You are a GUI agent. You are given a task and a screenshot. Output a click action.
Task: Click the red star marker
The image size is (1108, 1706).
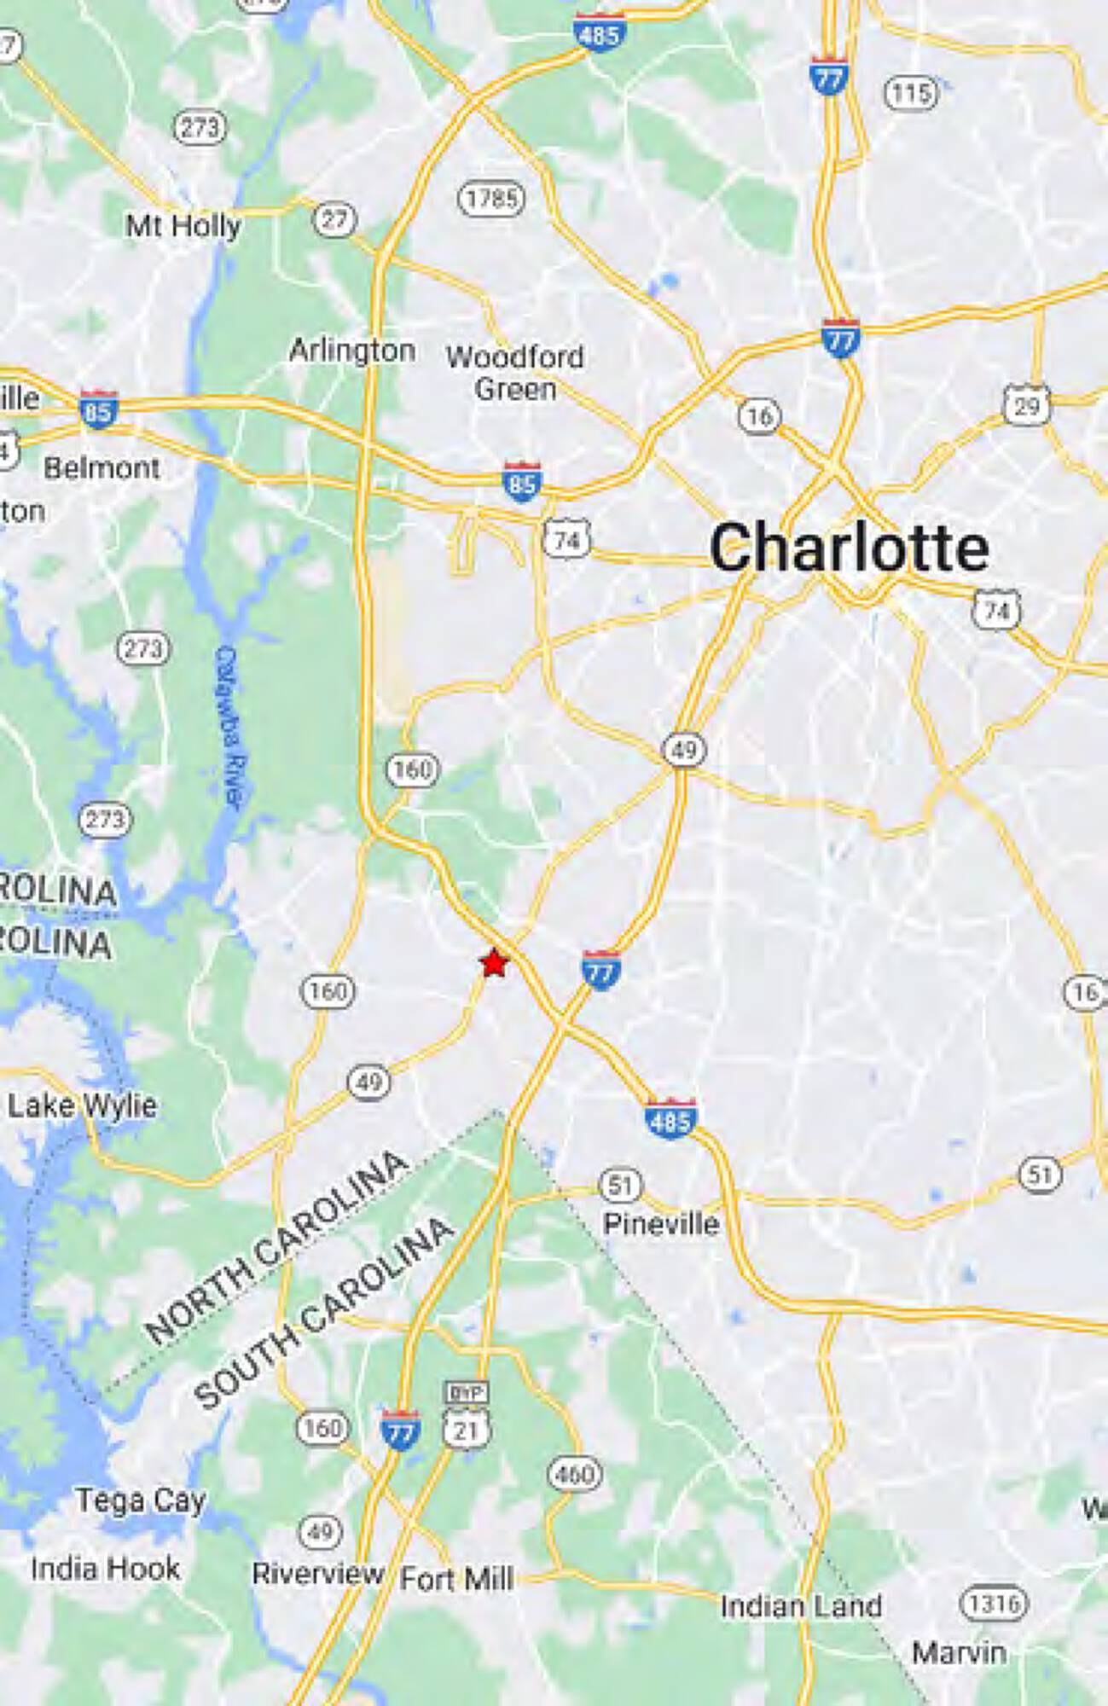point(494,963)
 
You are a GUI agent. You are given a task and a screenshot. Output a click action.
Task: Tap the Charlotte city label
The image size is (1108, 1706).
point(849,548)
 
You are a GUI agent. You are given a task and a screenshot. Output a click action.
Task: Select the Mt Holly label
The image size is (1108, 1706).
point(183,226)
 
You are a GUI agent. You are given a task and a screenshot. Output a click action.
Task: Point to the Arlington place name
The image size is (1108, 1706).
point(352,351)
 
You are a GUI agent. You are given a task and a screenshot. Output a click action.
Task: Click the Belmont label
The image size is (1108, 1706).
point(102,467)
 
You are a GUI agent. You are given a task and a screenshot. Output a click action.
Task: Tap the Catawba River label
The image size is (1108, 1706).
point(229,726)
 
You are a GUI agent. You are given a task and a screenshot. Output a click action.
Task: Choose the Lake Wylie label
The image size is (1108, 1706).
point(82,1105)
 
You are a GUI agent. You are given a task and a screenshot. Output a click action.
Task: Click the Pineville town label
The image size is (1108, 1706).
point(661,1224)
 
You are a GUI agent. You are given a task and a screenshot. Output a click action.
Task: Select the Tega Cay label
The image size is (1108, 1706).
point(141,1500)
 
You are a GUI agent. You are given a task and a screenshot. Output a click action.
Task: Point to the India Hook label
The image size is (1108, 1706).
point(105,1568)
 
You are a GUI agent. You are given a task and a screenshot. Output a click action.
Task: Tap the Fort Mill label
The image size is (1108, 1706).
point(456,1579)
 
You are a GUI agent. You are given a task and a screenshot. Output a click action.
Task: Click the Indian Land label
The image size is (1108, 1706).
point(800,1606)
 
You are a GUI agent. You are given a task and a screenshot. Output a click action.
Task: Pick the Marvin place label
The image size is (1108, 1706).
point(959,1652)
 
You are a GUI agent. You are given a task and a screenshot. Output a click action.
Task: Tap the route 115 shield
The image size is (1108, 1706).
point(911,92)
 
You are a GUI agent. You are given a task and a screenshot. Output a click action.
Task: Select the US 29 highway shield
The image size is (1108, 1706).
point(1026,406)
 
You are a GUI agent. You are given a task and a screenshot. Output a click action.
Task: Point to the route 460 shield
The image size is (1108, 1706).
point(575,1474)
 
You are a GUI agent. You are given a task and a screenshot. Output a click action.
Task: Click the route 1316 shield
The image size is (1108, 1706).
point(994,1604)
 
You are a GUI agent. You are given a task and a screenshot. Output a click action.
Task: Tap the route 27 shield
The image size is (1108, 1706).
point(334,220)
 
